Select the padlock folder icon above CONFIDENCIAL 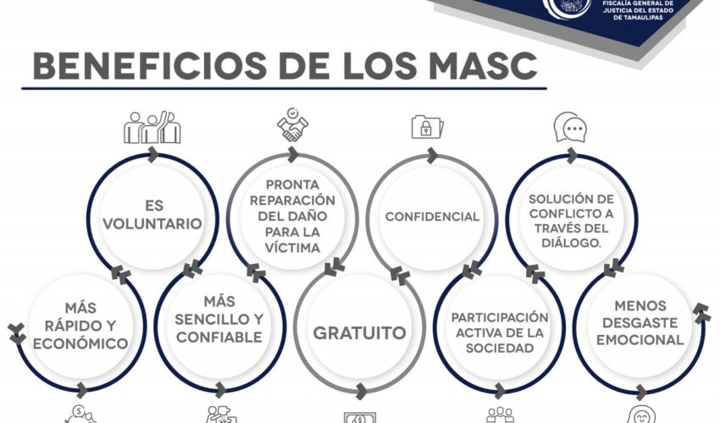click(x=427, y=127)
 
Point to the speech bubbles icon click(x=570, y=127)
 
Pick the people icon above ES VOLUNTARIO click(x=152, y=127)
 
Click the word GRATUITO click(x=359, y=333)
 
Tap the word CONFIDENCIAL click(x=432, y=217)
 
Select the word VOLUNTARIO click(x=152, y=224)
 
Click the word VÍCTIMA click(x=292, y=248)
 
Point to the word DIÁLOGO click(x=571, y=243)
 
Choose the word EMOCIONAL click(x=640, y=340)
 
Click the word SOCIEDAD click(x=500, y=349)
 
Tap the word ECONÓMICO click(x=80, y=343)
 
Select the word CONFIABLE click(x=219, y=338)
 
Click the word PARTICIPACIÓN click(x=500, y=318)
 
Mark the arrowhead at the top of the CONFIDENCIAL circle click(x=432, y=156)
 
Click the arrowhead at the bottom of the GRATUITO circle click(x=361, y=392)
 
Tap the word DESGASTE click(x=640, y=323)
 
